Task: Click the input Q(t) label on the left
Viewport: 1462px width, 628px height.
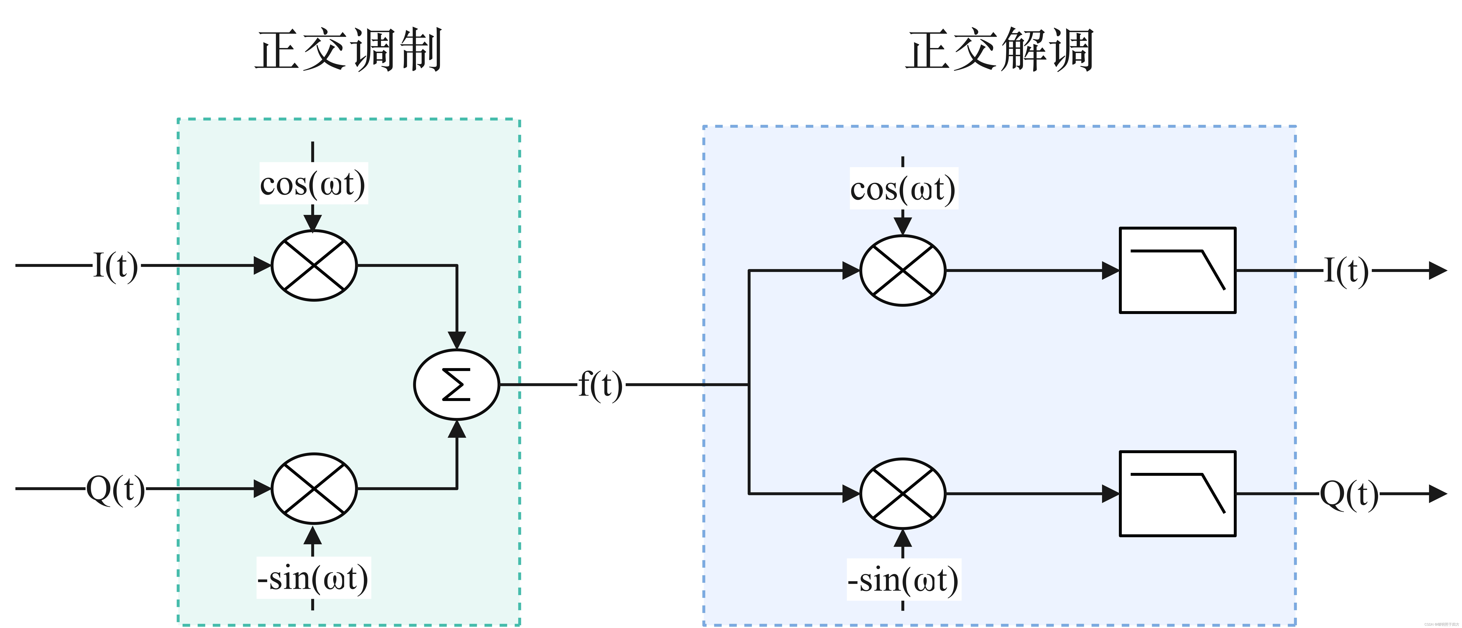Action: pyautogui.click(x=115, y=488)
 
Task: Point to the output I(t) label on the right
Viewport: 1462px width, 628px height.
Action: pyautogui.click(x=1346, y=271)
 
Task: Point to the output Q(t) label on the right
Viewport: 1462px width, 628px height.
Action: pyautogui.click(x=1349, y=494)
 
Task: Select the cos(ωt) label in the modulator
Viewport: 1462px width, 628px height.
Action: pyautogui.click(x=313, y=184)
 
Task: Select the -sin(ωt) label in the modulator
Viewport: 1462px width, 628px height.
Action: pyautogui.click(x=313, y=578)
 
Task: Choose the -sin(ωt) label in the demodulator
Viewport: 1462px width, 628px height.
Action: pyautogui.click(x=903, y=580)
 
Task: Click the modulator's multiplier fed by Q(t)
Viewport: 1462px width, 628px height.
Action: pyautogui.click(x=314, y=488)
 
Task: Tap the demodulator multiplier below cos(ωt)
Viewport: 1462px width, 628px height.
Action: pyautogui.click(x=902, y=271)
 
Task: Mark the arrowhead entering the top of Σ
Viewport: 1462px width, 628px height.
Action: pyautogui.click(x=457, y=340)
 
